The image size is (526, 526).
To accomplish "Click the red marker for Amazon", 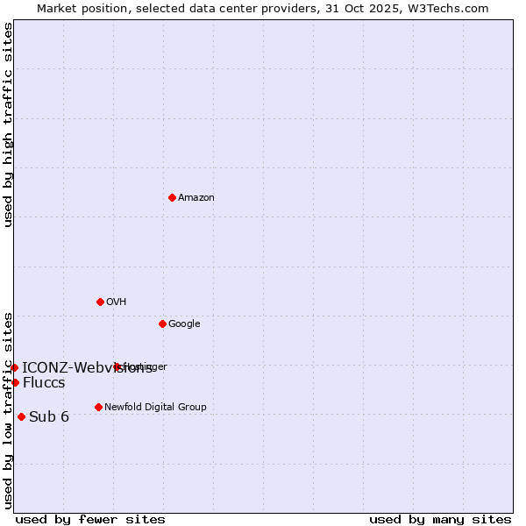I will [172, 197].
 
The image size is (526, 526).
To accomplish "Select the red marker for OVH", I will [100, 302].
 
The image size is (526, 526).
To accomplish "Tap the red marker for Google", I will [162, 323].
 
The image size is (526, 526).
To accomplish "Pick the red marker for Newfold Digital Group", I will [98, 407].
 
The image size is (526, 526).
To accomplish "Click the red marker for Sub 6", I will [21, 416].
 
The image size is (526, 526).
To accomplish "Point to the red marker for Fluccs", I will [15, 382].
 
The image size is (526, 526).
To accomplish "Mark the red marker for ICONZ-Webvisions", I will [14, 367].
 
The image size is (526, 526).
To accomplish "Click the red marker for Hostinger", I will [117, 366].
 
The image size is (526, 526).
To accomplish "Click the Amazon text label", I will [196, 198].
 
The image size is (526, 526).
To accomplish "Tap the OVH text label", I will [117, 302].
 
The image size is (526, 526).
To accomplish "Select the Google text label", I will [184, 324].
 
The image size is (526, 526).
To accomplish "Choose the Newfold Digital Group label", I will [155, 408].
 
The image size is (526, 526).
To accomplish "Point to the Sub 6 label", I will [49, 416].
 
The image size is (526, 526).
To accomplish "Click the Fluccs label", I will [44, 383].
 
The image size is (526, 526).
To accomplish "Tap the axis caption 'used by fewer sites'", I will [90, 519].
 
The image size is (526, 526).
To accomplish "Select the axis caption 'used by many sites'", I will [440, 519].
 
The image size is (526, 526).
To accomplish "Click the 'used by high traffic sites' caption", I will [9, 124].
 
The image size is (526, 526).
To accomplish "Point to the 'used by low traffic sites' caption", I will [9, 409].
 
